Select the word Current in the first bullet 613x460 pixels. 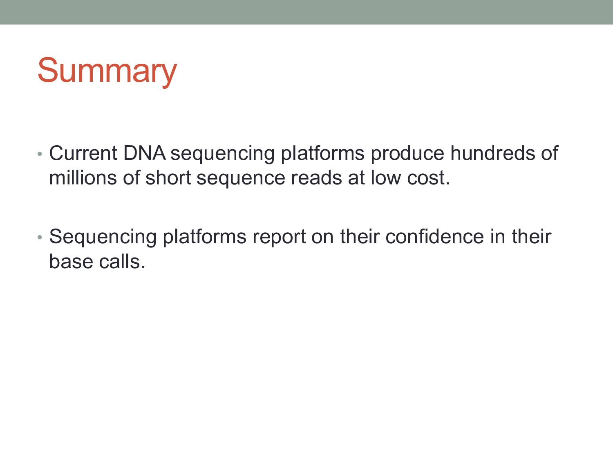point(83,153)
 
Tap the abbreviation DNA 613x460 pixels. point(144,153)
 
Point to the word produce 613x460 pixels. point(407,154)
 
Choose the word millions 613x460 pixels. point(83,177)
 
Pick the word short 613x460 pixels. point(168,177)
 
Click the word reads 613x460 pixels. point(316,177)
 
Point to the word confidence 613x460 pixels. point(434,237)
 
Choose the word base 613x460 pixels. point(71,261)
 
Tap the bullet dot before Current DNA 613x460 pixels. point(40,154)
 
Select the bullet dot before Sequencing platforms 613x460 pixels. point(40,238)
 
